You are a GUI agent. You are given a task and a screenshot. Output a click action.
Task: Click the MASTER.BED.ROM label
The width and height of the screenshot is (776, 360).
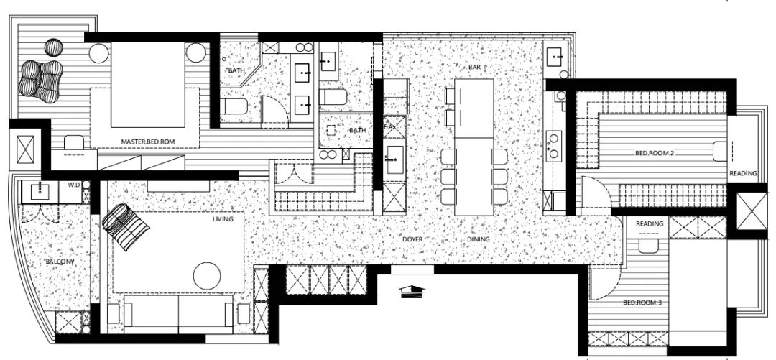click(148, 142)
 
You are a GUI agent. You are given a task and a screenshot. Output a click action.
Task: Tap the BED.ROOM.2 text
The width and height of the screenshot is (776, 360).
click(655, 153)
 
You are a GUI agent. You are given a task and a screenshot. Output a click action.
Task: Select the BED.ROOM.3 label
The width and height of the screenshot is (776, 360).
click(642, 303)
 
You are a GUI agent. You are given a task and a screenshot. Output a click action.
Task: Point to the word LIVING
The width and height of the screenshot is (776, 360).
click(223, 219)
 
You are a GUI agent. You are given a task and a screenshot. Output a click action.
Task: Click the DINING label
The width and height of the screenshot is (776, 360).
click(478, 239)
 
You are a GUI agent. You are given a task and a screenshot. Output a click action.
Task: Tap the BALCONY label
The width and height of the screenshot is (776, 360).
click(60, 262)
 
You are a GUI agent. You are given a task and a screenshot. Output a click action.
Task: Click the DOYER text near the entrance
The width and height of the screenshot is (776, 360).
click(412, 239)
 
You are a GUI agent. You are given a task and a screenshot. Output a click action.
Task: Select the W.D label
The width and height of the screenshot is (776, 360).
click(74, 185)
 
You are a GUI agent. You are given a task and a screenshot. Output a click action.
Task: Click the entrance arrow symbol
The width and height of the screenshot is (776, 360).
click(412, 292)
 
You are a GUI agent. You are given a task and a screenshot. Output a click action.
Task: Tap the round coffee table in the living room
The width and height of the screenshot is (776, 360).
click(207, 276)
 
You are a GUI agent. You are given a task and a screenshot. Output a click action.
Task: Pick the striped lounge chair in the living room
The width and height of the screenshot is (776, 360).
click(126, 227)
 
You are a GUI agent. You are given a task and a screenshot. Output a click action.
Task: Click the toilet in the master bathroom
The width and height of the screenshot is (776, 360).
click(233, 106)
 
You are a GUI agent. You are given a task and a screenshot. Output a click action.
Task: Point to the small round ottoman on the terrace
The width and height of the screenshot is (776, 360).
click(53, 48)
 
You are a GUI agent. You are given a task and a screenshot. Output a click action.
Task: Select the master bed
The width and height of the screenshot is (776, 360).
click(148, 85)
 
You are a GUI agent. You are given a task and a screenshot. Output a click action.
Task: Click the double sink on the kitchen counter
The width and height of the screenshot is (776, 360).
click(554, 146)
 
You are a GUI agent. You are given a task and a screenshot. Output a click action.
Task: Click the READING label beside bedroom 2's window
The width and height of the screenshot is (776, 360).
click(743, 173)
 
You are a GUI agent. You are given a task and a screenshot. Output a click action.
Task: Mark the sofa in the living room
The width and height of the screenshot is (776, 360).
click(178, 314)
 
